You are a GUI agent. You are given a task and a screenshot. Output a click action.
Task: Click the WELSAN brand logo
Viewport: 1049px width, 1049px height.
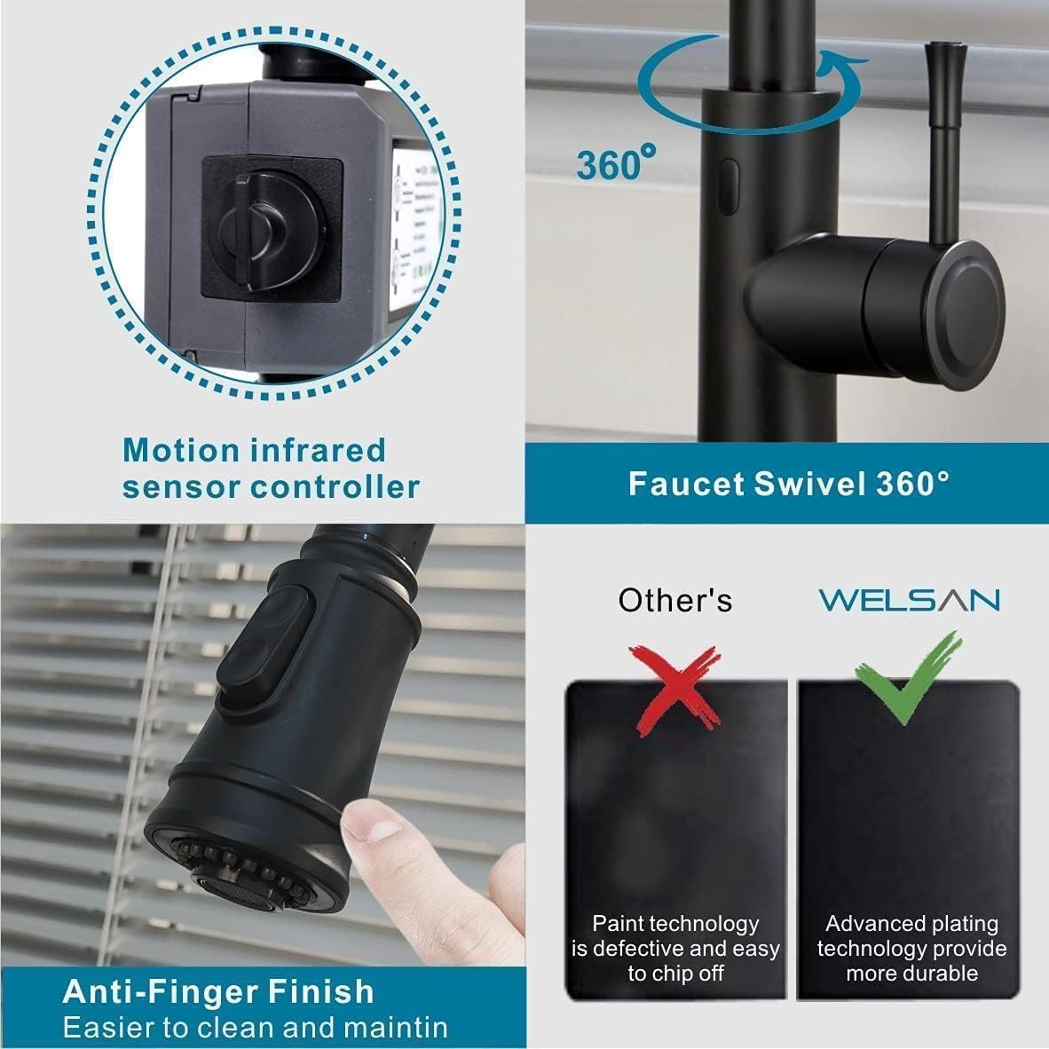pyautogui.click(x=909, y=600)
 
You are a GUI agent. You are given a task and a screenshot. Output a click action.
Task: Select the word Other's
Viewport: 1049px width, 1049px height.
pyautogui.click(x=675, y=601)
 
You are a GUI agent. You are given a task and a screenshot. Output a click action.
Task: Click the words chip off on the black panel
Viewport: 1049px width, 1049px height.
pyautogui.click(x=676, y=973)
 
